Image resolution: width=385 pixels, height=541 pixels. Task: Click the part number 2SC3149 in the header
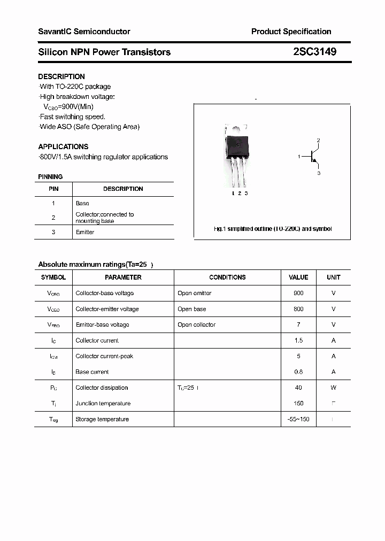(314, 52)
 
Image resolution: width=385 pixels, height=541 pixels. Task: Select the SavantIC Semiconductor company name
(84, 32)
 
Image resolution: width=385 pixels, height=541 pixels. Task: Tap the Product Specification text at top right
(291, 32)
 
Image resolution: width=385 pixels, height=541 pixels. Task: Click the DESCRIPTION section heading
(61, 76)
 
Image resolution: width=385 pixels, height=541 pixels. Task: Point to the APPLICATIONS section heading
(63, 146)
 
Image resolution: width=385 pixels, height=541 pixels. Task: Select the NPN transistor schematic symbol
(314, 157)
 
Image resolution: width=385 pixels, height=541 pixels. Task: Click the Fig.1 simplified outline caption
(272, 229)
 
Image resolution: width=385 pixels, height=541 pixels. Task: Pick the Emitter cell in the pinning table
(85, 232)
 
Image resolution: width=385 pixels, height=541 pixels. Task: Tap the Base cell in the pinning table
(82, 203)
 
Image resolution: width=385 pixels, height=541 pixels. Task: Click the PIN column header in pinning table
(53, 189)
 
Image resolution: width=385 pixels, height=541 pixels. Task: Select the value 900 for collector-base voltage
(298, 293)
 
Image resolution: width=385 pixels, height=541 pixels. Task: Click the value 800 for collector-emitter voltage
(298, 309)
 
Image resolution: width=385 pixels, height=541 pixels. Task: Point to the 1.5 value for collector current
(298, 341)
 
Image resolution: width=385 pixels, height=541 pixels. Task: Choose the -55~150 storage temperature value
(298, 419)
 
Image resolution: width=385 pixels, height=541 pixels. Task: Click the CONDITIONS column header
(227, 277)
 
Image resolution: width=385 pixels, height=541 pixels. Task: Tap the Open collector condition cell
(196, 324)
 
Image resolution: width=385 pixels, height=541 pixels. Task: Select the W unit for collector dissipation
(333, 388)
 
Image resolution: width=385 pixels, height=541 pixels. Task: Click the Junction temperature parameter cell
(103, 404)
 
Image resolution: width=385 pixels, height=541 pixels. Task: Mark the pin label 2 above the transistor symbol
(318, 140)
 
